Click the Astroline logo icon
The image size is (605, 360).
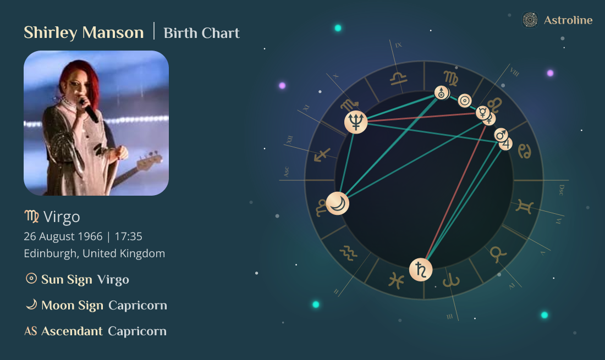pyautogui.click(x=530, y=20)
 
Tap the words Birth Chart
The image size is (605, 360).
pyautogui.click(x=202, y=33)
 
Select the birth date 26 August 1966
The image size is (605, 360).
pyautogui.click(x=63, y=236)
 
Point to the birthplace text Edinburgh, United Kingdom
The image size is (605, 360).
pyautogui.click(x=94, y=253)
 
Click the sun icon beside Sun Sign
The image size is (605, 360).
pyautogui.click(x=31, y=279)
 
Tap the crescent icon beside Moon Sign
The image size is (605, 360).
pyautogui.click(x=31, y=304)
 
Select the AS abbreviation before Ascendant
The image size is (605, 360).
pyautogui.click(x=31, y=331)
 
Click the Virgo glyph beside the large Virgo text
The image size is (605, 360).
pyautogui.click(x=31, y=217)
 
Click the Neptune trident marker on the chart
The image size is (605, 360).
pyautogui.click(x=356, y=121)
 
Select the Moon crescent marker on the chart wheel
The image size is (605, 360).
pyautogui.click(x=337, y=204)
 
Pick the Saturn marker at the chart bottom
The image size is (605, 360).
pyautogui.click(x=421, y=269)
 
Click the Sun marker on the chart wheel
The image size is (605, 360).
pyautogui.click(x=465, y=101)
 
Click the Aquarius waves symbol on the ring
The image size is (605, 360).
pyautogui.click(x=348, y=252)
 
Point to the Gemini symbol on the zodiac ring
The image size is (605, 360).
pyautogui.click(x=524, y=208)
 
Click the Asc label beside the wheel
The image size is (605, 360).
pyautogui.click(x=286, y=172)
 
